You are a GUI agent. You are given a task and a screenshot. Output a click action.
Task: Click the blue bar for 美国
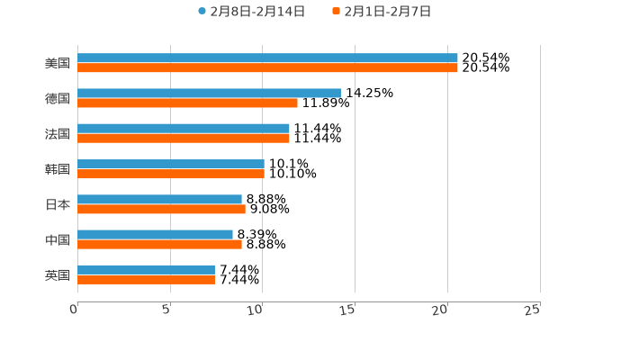pyautogui.click(x=267, y=58)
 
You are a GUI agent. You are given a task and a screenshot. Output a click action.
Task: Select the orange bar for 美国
pyautogui.click(x=267, y=67)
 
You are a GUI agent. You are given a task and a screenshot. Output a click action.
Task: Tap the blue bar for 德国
pyautogui.click(x=209, y=93)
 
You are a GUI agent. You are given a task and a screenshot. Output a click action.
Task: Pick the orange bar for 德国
pyautogui.click(x=187, y=103)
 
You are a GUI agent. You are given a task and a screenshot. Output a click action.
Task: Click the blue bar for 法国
pyautogui.click(x=184, y=129)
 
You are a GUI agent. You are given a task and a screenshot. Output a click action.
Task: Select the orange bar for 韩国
pyautogui.click(x=171, y=174)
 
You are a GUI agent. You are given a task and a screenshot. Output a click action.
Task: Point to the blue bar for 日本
pyautogui.click(x=159, y=199)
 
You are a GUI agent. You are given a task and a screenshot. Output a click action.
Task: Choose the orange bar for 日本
pyautogui.click(x=161, y=209)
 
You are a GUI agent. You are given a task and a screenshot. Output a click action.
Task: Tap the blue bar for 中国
pyautogui.click(x=155, y=234)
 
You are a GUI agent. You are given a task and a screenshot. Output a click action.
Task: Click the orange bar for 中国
pyautogui.click(x=159, y=244)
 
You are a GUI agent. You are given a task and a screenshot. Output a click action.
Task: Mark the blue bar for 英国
pyautogui.click(x=146, y=270)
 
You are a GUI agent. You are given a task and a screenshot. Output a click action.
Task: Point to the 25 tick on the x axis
pyautogui.click(x=532, y=310)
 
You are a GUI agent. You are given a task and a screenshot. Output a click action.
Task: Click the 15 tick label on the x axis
pyautogui.click(x=347, y=310)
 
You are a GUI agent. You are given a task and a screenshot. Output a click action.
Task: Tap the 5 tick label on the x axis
pyautogui.click(x=166, y=310)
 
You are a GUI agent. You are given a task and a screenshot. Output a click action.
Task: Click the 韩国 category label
pyautogui.click(x=57, y=169)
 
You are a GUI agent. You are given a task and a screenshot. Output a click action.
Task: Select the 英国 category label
pyautogui.click(x=57, y=274)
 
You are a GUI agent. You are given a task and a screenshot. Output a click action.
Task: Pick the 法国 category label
pyautogui.click(x=57, y=134)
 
